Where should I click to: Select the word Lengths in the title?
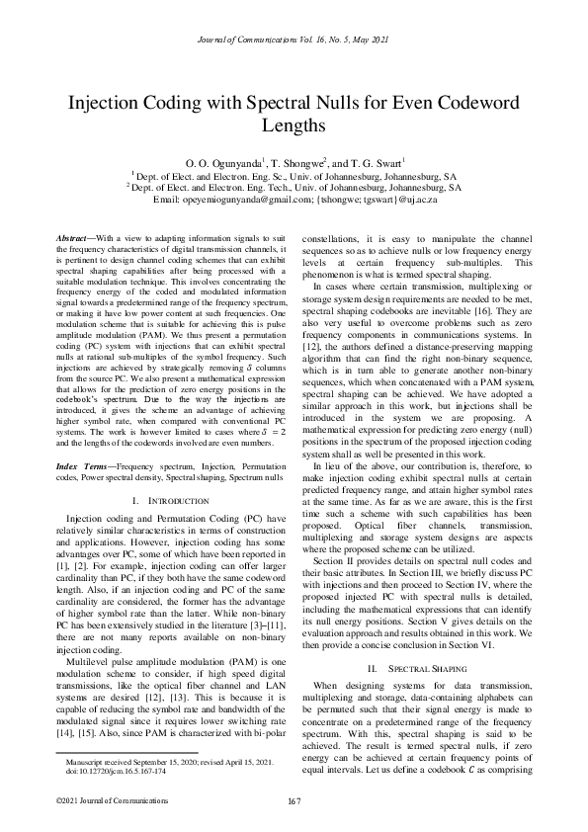pyautogui.click(x=294, y=126)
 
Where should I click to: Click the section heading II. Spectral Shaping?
pyautogui.click(x=415, y=655)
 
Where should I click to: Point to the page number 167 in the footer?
pyautogui.click(x=294, y=799)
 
